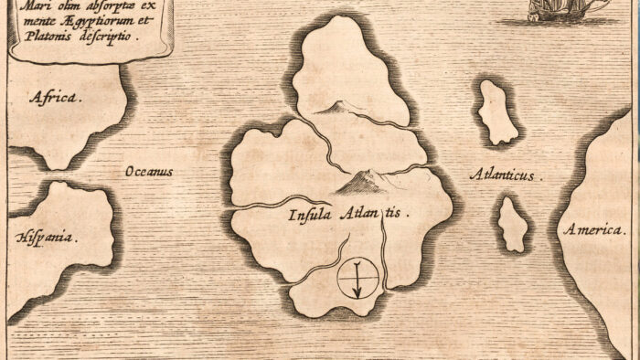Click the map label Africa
56,96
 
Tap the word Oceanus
150,172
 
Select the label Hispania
47,236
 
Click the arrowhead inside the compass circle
357,291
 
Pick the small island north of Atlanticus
497,111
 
